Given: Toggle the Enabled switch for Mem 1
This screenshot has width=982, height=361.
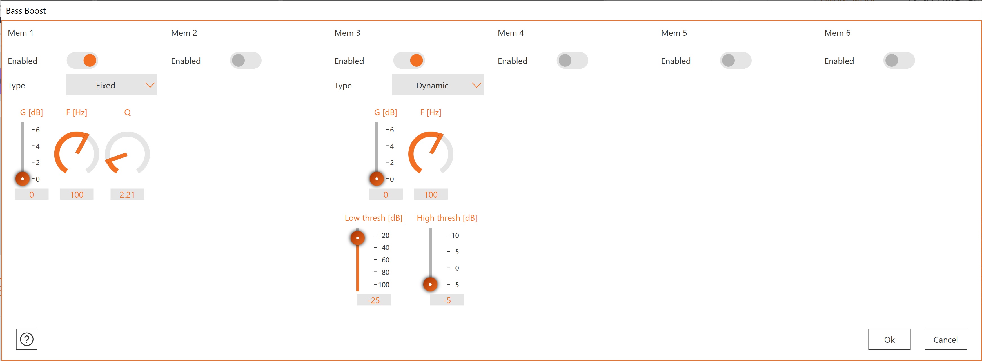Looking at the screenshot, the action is pos(82,60).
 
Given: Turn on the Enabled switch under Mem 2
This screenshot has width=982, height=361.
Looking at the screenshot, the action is pos(246,60).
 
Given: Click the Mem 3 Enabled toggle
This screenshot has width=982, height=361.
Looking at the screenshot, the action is pos(409,60).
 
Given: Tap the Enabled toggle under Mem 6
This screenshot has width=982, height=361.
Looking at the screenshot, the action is pos(899,60).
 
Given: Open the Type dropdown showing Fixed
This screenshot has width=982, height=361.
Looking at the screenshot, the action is pos(111,85).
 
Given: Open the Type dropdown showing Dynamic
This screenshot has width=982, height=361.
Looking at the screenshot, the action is pos(438,85).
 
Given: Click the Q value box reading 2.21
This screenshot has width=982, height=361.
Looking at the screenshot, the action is pos(127,194).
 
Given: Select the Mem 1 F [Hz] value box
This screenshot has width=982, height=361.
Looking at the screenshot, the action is pos(77,194).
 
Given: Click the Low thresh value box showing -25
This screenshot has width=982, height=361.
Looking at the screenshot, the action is pos(374,300).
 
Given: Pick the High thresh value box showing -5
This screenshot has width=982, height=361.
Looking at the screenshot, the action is pos(447,300).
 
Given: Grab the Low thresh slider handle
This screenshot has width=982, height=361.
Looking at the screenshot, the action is pos(358,238).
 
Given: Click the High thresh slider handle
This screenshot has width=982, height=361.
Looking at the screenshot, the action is pos(430,284).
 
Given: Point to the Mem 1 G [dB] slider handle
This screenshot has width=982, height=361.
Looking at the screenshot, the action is pos(23,179).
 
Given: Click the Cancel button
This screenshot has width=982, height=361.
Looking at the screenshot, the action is pos(945,339).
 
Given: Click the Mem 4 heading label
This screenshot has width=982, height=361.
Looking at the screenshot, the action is pos(511,33).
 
